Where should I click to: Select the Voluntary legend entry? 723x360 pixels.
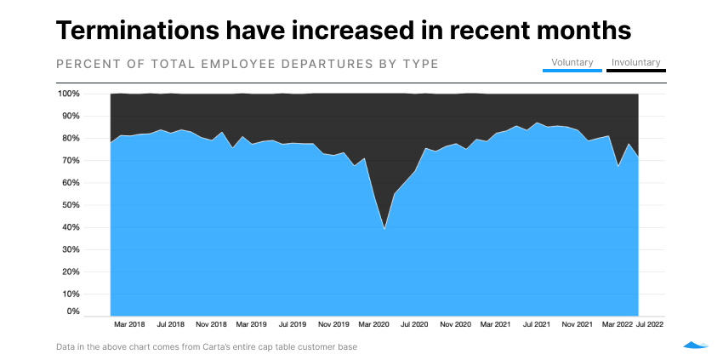click(x=572, y=62)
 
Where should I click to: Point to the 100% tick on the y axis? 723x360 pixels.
click(x=69, y=94)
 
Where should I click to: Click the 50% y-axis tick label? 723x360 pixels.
click(x=71, y=205)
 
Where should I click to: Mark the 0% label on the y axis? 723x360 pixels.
click(x=73, y=312)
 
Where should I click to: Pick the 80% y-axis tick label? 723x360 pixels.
click(x=71, y=138)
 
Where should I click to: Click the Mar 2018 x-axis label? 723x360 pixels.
click(x=129, y=324)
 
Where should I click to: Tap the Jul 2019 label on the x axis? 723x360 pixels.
click(x=293, y=324)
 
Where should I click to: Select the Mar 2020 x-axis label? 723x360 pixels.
click(x=373, y=324)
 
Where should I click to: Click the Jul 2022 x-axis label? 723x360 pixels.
click(x=650, y=324)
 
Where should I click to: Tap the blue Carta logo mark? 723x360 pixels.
click(x=695, y=345)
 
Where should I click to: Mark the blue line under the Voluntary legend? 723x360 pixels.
click(x=572, y=71)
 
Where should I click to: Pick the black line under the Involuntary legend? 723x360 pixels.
click(x=635, y=71)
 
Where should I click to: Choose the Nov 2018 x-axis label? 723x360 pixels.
click(x=211, y=324)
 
